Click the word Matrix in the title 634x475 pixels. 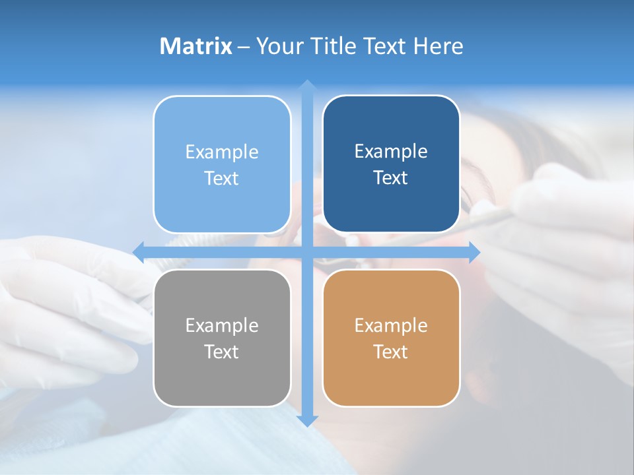click(196, 46)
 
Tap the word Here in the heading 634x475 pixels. click(439, 46)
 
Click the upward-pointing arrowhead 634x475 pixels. click(307, 85)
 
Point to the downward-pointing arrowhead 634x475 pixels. click(307, 420)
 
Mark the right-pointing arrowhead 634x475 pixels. click(474, 251)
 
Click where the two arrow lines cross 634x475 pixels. click(307, 251)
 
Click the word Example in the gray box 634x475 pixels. click(222, 325)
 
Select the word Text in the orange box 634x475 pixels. click(391, 352)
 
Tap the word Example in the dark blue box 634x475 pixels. click(391, 152)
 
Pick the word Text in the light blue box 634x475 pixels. click(222, 178)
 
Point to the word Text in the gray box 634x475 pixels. click(222, 352)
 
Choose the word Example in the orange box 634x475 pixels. click(391, 325)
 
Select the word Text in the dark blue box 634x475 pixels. click(391, 178)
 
